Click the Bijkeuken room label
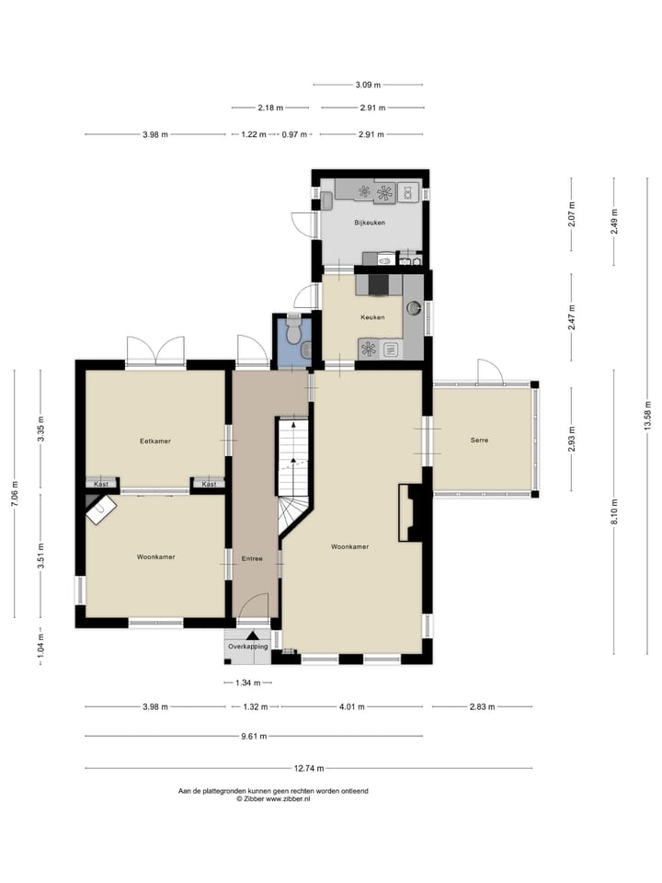tap(370, 223)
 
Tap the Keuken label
tap(372, 317)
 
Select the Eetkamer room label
tap(155, 441)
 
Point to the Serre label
tap(479, 441)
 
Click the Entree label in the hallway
tap(252, 558)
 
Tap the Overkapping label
tap(248, 647)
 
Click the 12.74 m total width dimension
tap(307, 769)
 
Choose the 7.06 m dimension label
tap(14, 495)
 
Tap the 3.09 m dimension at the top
tap(368, 86)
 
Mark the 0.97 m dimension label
tap(294, 135)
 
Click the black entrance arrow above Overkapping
tap(252, 635)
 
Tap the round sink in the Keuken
tap(414, 308)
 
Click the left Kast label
tap(101, 484)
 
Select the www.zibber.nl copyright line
tap(273, 799)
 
